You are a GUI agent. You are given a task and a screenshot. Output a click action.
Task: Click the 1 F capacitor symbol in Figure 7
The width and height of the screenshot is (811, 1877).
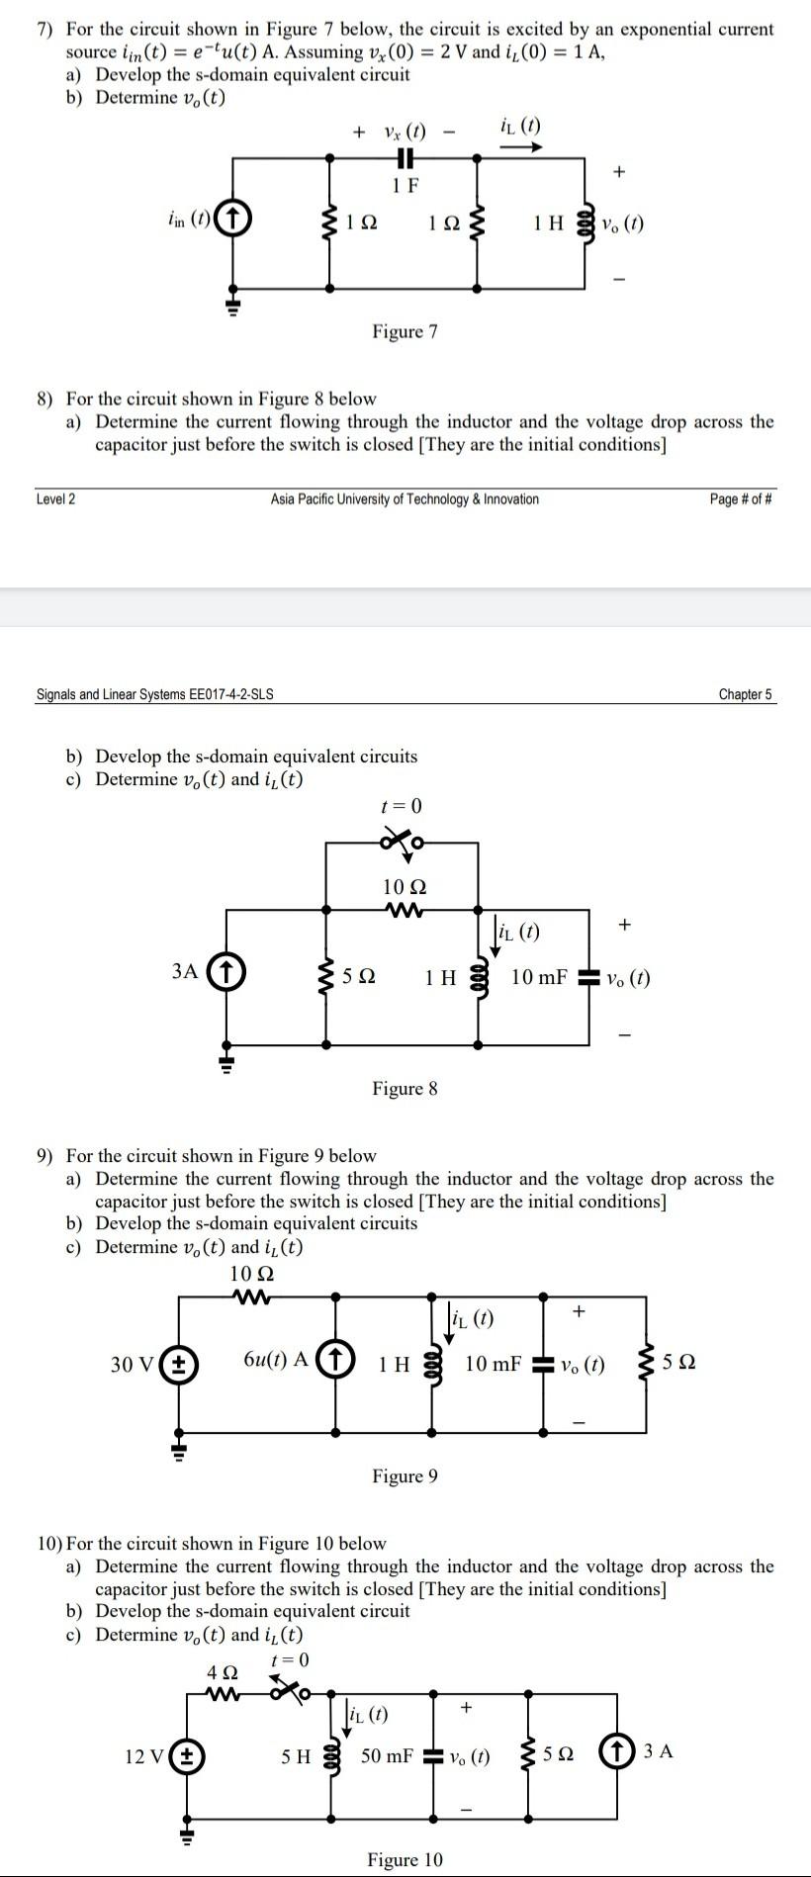[x=405, y=158]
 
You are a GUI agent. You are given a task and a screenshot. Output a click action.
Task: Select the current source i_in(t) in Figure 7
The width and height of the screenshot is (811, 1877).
[x=233, y=218]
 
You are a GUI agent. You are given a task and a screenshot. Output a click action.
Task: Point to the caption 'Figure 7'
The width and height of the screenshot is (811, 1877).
[x=405, y=331]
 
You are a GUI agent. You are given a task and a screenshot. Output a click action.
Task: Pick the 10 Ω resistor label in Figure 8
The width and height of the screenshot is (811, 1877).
[x=405, y=887]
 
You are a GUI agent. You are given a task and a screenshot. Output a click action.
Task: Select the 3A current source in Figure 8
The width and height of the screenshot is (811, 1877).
[x=227, y=972]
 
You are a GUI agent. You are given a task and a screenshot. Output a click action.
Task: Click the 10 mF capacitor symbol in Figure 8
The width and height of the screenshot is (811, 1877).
[x=589, y=978]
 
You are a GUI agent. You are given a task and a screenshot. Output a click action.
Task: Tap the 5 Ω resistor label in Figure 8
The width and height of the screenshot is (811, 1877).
[x=359, y=977]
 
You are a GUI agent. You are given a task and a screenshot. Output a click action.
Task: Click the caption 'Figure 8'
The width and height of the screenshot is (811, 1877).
[x=405, y=1089]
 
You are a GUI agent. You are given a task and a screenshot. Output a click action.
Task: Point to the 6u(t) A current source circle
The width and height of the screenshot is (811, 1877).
[x=336, y=1361]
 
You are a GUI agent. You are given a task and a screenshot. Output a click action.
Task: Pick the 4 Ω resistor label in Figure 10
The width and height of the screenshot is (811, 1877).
[x=223, y=1672]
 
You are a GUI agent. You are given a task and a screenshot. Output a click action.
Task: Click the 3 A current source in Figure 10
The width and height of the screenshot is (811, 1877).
[x=617, y=1752]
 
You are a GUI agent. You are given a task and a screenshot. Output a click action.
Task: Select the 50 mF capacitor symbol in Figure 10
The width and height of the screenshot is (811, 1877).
[x=432, y=1757]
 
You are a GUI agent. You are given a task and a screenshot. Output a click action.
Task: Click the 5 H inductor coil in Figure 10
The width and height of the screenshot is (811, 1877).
[x=333, y=1757]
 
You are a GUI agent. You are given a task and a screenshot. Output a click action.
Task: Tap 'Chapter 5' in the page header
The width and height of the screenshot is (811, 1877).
[x=745, y=694]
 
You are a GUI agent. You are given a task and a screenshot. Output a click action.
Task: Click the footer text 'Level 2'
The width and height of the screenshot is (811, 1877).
[x=55, y=499]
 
